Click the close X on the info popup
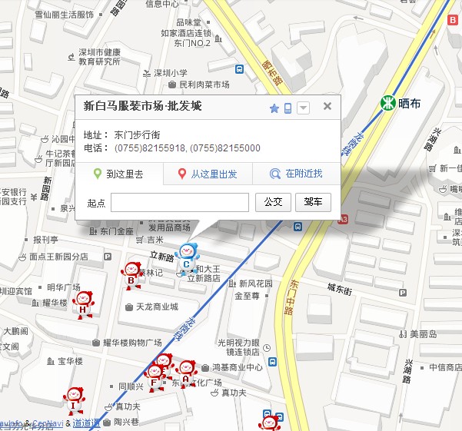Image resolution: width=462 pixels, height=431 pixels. pos(327,107)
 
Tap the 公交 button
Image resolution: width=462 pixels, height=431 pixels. pos(273,203)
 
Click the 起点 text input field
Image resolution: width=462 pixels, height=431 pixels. pos(180,203)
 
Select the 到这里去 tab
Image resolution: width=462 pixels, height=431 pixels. pos(119,174)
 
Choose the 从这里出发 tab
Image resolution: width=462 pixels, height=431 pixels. pos(208,174)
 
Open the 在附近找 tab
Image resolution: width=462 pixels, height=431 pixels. pos(296,174)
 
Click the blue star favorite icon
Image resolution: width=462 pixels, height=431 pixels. pos(274,108)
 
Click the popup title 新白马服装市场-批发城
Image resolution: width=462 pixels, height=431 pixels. pos(142,107)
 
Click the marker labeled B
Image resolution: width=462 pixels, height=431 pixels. pos(131,274)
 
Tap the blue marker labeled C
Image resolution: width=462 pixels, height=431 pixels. pos(186,257)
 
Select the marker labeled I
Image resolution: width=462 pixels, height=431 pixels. pos(73,400)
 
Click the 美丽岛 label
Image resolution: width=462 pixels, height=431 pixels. pos(423,334)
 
